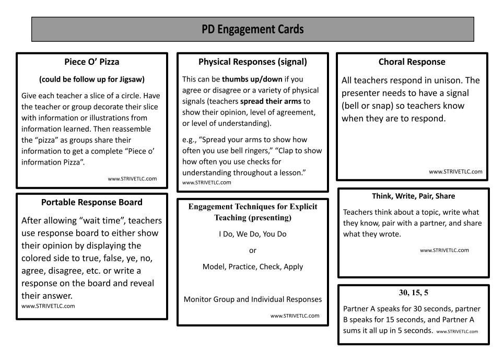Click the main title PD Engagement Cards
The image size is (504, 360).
[253, 29]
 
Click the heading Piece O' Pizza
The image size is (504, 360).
[91, 62]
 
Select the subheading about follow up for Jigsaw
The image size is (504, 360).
[92, 79]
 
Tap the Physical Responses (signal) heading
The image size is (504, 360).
[253, 62]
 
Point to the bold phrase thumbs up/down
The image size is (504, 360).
[252, 79]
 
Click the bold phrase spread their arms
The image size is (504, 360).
[271, 101]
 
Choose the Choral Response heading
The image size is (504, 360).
[412, 62]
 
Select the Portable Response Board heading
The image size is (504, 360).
[91, 202]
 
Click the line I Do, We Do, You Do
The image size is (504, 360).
[253, 234]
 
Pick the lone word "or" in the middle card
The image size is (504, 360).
[253, 251]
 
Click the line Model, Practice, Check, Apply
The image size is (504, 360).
[253, 267]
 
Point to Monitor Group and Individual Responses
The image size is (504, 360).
[253, 299]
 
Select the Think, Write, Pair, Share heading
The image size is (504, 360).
[413, 196]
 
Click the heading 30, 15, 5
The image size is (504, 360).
[413, 293]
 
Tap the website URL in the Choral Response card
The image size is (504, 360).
[455, 172]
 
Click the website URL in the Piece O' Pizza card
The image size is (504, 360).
[132, 179]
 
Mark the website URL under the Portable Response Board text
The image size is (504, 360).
[48, 306]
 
